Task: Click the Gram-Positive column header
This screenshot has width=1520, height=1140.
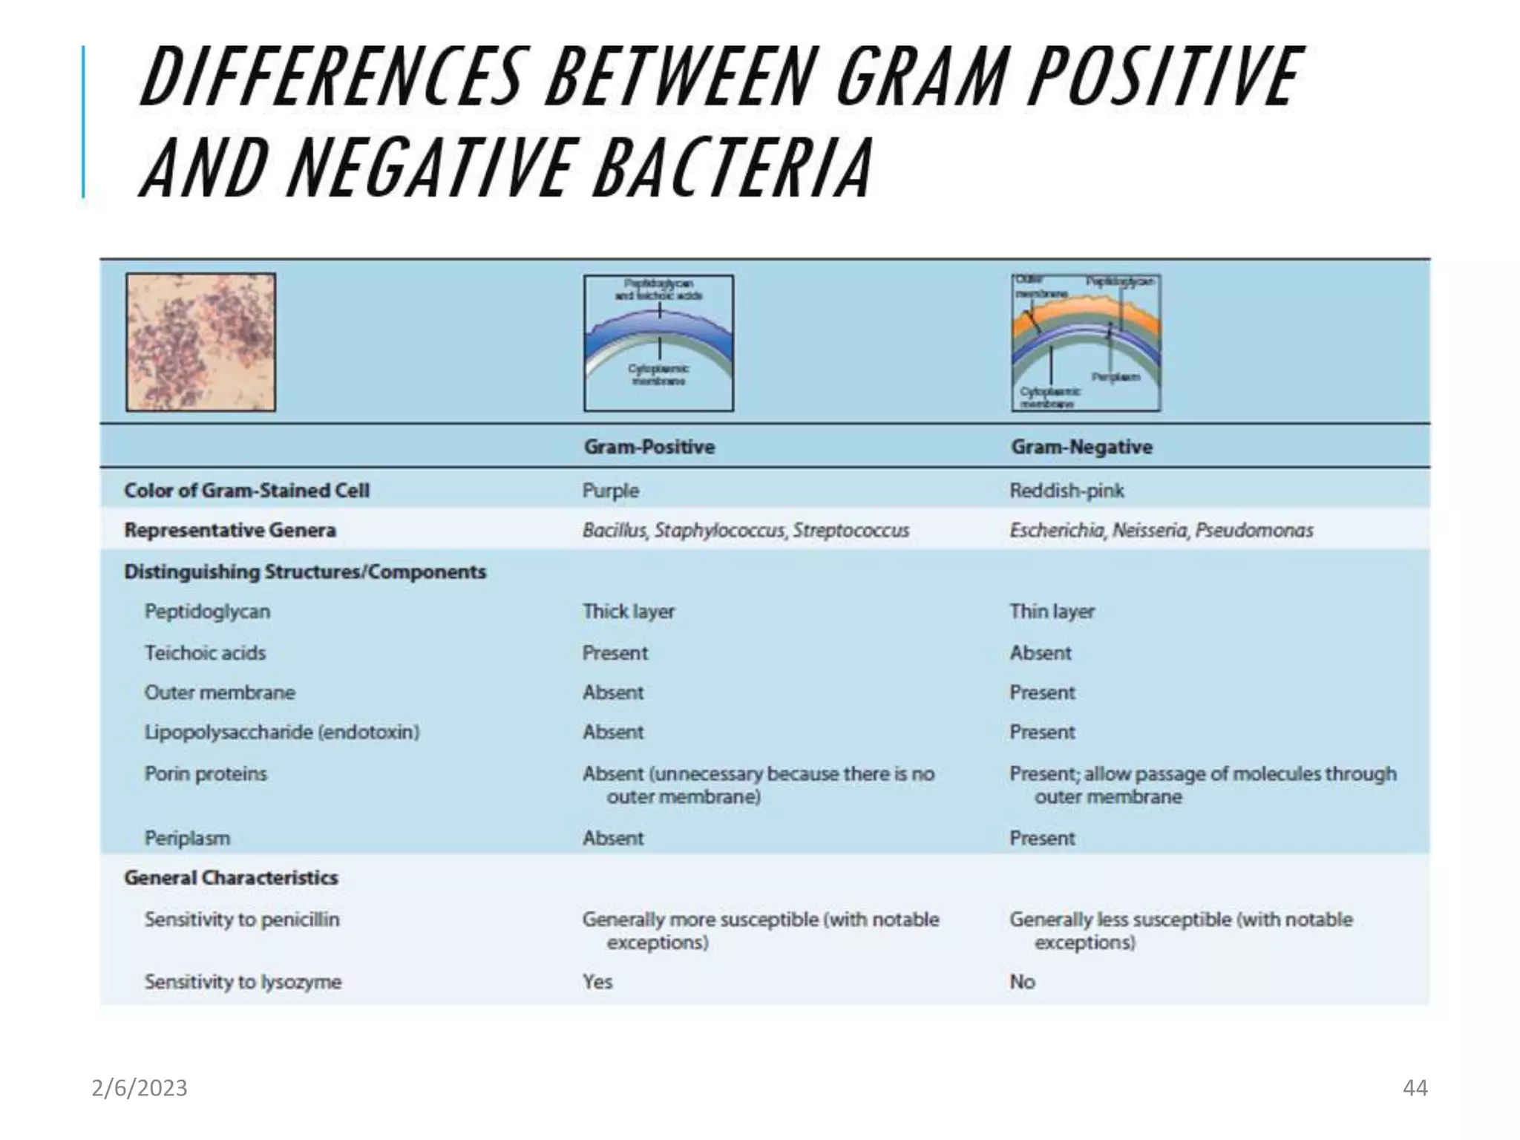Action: coord(649,447)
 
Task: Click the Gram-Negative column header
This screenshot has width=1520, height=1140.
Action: coord(1081,447)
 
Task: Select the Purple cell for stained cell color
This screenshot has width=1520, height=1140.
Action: coord(610,491)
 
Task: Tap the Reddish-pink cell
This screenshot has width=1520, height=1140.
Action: coord(1067,491)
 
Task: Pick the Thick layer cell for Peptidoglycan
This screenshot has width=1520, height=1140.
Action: coord(628,612)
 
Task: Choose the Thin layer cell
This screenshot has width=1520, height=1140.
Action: coord(1052,612)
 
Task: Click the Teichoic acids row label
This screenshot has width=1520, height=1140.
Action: coord(205,653)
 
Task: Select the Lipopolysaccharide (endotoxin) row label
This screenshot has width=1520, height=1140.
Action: coord(281,733)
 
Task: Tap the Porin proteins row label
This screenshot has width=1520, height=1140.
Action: coord(206,774)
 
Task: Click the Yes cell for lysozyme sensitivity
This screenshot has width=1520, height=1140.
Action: coord(597,982)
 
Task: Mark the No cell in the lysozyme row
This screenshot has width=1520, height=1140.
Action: coord(1022,982)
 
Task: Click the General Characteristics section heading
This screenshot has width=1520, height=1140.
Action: coord(231,878)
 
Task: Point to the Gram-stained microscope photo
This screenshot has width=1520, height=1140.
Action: coord(200,342)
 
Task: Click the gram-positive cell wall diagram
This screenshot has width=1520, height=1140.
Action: coord(658,343)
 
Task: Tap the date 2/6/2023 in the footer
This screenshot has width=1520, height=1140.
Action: coord(140,1088)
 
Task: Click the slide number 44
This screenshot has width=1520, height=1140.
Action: coord(1415,1088)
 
